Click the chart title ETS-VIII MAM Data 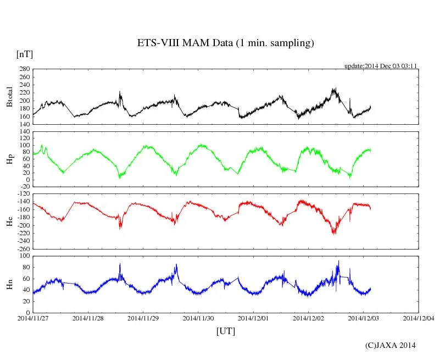pyautogui.click(x=225, y=43)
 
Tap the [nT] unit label pyautogui.click(x=24, y=54)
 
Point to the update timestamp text pyautogui.click(x=381, y=65)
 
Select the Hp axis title pyautogui.click(x=9, y=159)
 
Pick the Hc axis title pyautogui.click(x=9, y=221)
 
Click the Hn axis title pyautogui.click(x=9, y=284)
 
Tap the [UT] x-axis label pyautogui.click(x=226, y=331)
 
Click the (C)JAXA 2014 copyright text pyautogui.click(x=390, y=345)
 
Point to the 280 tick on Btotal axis pyautogui.click(x=24, y=69)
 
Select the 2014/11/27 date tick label pyautogui.click(x=33, y=318)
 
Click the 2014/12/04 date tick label pyautogui.click(x=419, y=318)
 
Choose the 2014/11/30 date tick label pyautogui.click(x=198, y=318)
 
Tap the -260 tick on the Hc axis pyautogui.click(x=23, y=248)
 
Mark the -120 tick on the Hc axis pyautogui.click(x=23, y=195)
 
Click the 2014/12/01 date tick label pyautogui.click(x=253, y=318)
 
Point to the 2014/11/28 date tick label pyautogui.click(x=88, y=318)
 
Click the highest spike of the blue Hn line pyautogui.click(x=338, y=261)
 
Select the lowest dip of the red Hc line pyautogui.click(x=333, y=234)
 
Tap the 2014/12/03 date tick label pyautogui.click(x=364, y=318)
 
